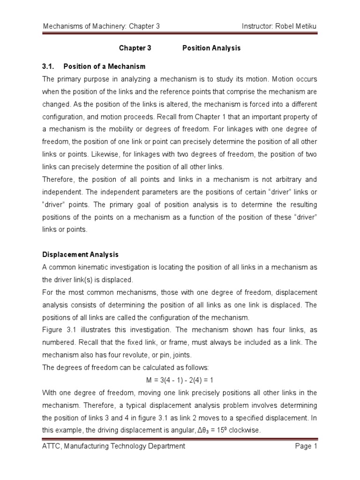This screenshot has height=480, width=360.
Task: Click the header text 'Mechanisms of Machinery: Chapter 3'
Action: tap(101, 27)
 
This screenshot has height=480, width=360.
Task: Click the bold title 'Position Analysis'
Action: tap(211, 48)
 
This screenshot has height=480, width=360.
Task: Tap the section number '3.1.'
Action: tap(49, 66)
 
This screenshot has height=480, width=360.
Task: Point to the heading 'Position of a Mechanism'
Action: tap(105, 66)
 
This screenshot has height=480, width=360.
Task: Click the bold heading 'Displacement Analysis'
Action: tap(81, 255)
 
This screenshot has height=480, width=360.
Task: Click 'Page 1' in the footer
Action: tap(307, 446)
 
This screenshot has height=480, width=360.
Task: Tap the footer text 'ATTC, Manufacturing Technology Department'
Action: tap(114, 446)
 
